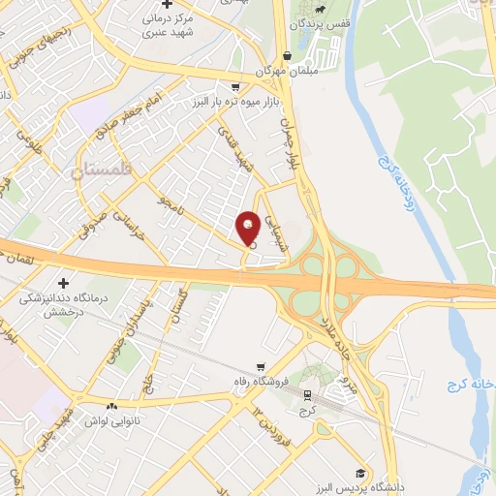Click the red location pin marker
(x=248, y=230)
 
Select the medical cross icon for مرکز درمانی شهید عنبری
(x=167, y=6)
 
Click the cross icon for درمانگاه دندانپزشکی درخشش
(x=65, y=284)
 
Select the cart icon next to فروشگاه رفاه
(x=260, y=366)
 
